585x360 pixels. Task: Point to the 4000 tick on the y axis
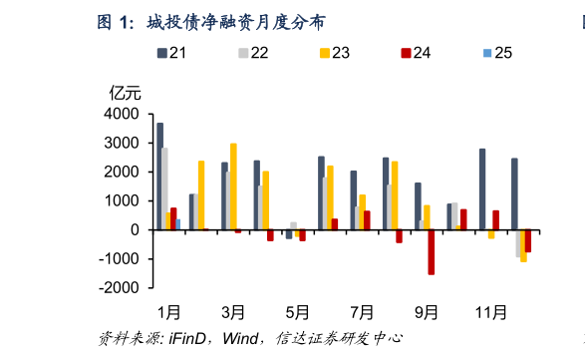(x=126, y=115)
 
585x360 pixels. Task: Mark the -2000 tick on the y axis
(x=124, y=288)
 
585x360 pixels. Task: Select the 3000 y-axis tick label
(x=126, y=144)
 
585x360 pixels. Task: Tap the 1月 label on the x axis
(x=169, y=313)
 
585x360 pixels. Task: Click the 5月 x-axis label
(x=298, y=313)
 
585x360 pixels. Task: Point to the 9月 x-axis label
(x=426, y=313)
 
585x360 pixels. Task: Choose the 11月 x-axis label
(x=490, y=313)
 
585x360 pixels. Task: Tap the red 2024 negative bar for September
(x=432, y=252)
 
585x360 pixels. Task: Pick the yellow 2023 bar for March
(x=233, y=186)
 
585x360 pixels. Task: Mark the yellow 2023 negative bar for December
(x=523, y=245)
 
